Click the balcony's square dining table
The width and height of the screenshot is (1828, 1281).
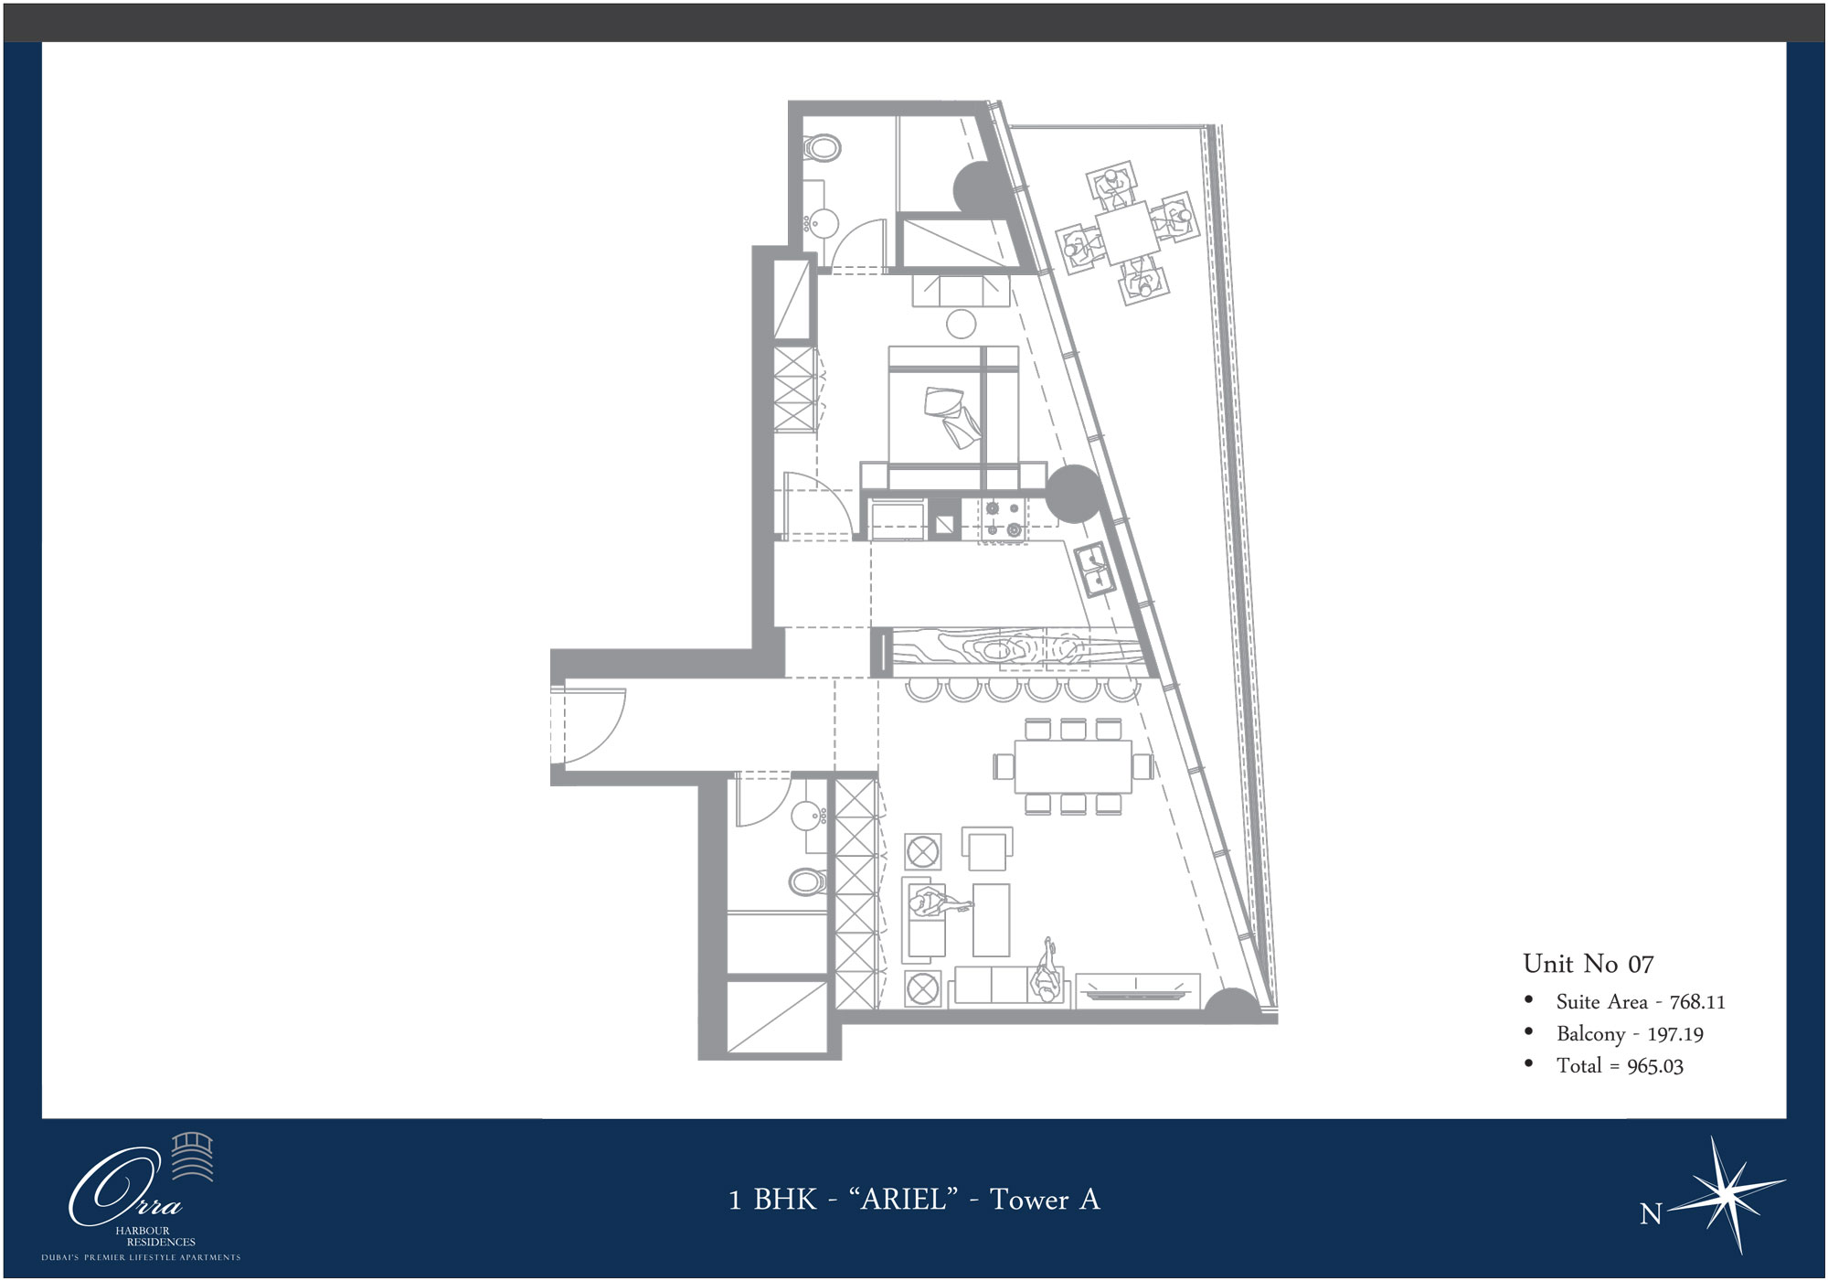pos(1128,232)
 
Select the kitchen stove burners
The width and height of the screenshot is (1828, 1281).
pos(1003,518)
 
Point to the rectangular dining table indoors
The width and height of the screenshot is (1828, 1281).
pos(1073,765)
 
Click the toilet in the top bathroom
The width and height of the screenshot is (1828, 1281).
pos(823,147)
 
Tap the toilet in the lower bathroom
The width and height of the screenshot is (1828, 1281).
pos(807,881)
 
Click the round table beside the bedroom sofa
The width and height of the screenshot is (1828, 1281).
pos(961,323)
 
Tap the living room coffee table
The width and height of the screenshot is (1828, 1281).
pos(992,919)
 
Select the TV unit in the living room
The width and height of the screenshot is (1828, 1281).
pos(1138,990)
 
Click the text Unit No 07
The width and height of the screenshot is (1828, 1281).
pos(1589,964)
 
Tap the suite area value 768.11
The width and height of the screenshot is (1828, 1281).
pos(1697,1002)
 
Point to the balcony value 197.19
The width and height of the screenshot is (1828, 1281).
pos(1675,1034)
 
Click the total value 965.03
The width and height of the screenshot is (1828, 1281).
pos(1655,1066)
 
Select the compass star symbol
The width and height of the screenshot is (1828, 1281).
pos(1727,1192)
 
